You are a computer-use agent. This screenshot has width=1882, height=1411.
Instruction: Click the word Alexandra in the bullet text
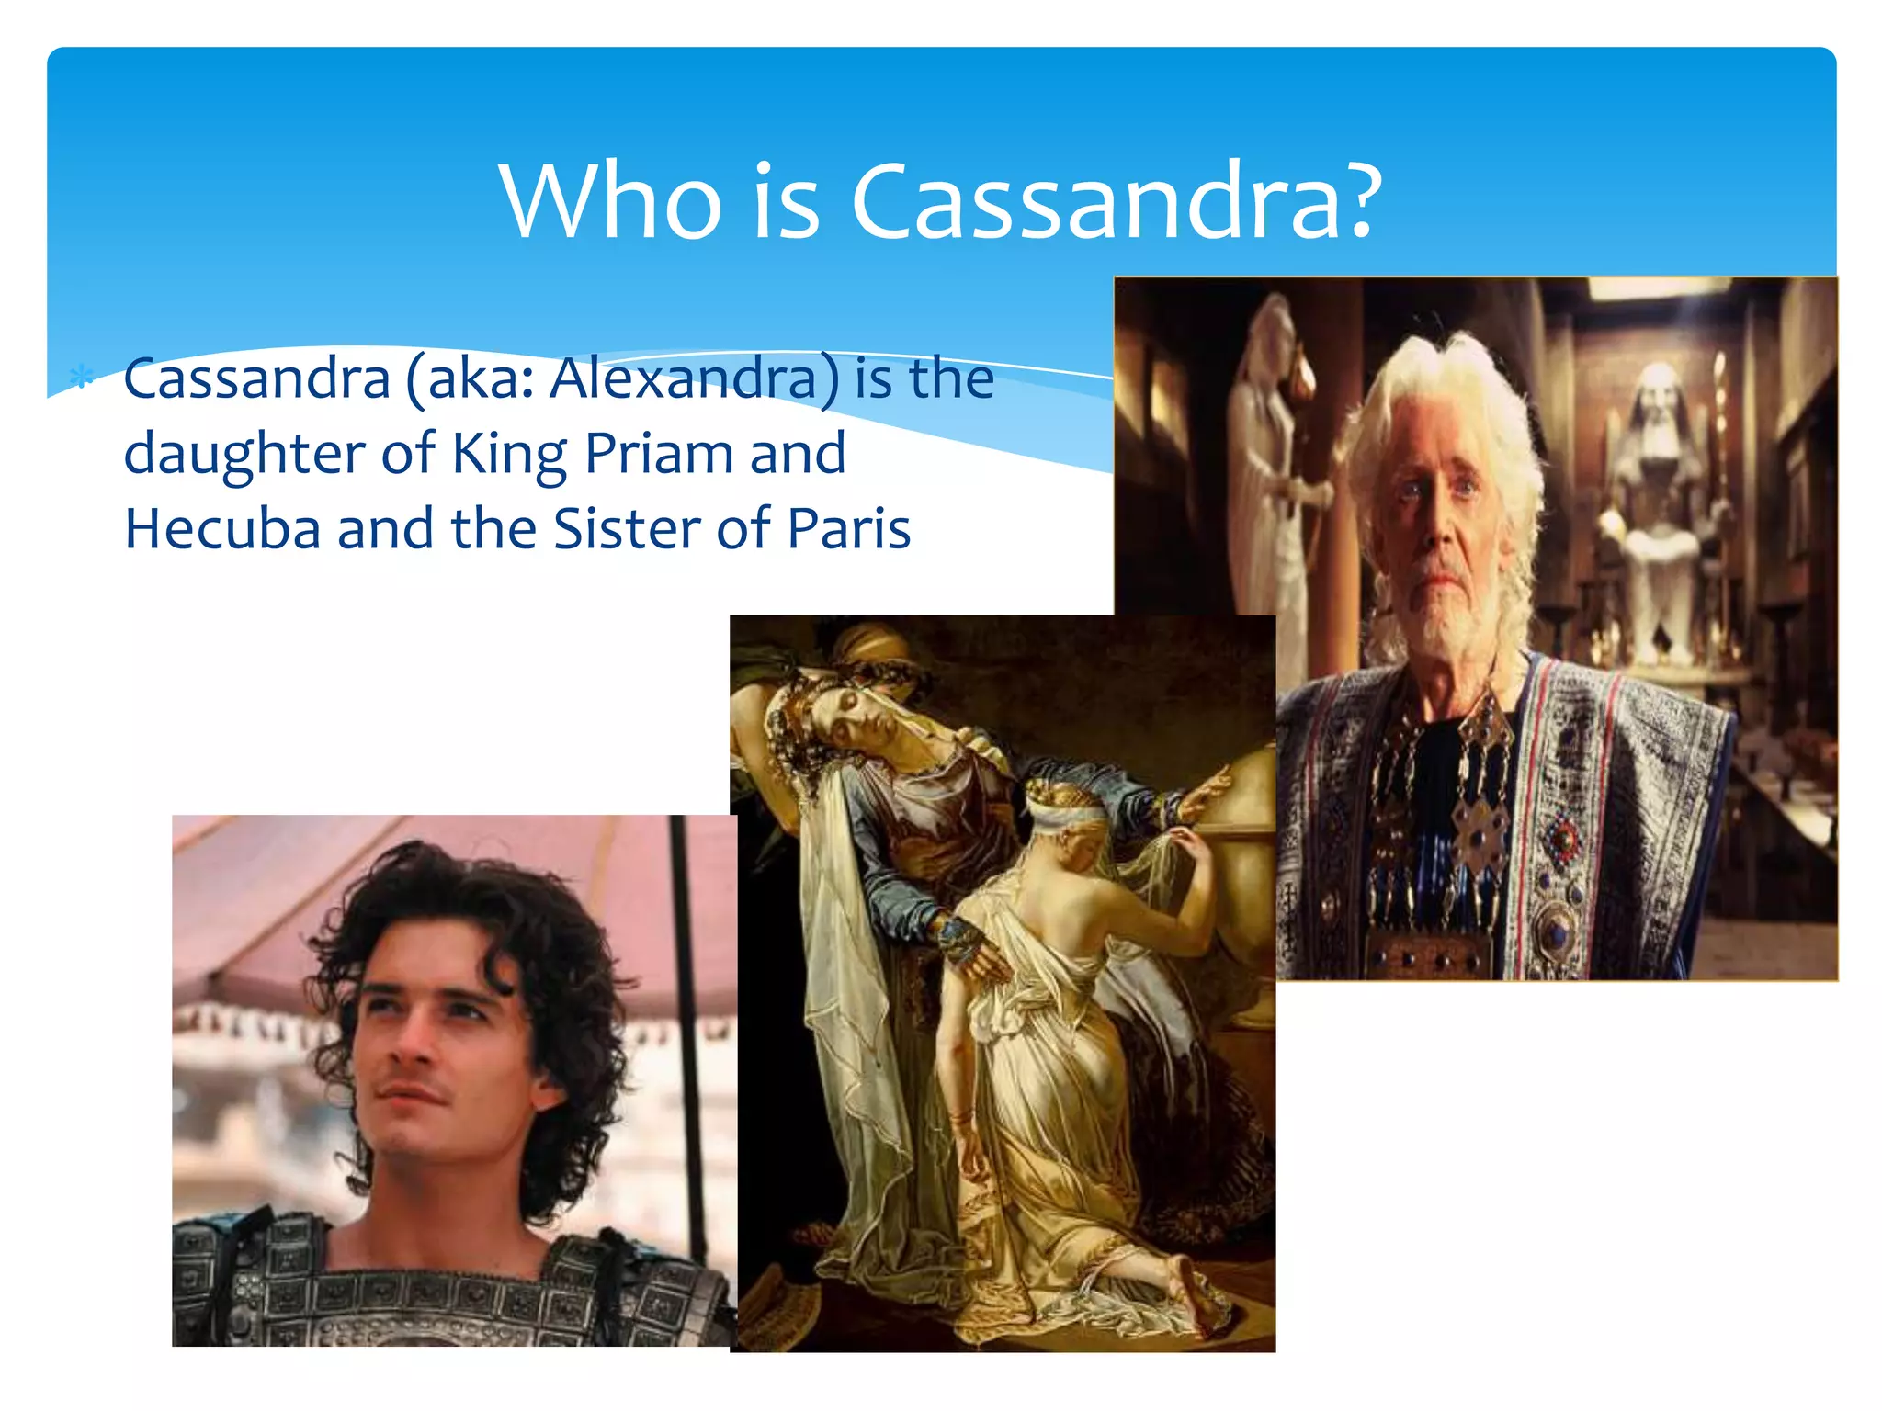tap(695, 378)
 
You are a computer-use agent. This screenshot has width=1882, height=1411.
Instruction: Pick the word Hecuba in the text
tap(222, 529)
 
